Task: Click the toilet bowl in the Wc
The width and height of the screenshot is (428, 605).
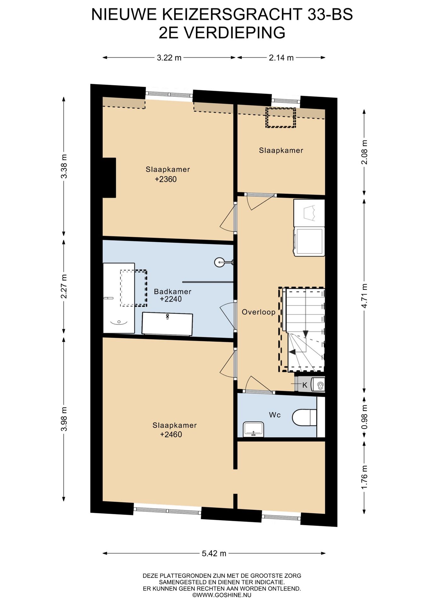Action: [303, 418]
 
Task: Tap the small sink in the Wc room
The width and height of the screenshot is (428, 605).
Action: [253, 429]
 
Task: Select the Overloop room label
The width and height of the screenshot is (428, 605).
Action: [258, 312]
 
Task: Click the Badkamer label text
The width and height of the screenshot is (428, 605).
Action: [172, 291]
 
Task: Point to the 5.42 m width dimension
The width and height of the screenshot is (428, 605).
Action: [214, 553]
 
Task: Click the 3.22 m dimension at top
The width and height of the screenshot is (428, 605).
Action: [169, 58]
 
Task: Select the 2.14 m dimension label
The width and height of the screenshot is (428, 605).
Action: [281, 58]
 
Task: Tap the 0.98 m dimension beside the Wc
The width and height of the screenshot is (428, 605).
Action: [364, 417]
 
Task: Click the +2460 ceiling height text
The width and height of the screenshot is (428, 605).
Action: [171, 435]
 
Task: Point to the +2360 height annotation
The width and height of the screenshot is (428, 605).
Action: [165, 179]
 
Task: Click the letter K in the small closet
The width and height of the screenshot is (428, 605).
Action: [304, 385]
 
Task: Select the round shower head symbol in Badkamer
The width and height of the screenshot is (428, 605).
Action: [219, 262]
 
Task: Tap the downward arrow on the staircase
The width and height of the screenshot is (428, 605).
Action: [305, 333]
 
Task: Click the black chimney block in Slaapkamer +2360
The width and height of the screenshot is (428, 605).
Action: [109, 178]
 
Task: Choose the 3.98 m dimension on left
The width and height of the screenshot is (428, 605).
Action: [64, 419]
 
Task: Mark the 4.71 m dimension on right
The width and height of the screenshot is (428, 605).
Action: [364, 295]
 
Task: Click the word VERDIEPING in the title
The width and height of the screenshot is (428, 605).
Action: [234, 33]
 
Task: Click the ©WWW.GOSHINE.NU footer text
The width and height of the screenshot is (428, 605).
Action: [222, 595]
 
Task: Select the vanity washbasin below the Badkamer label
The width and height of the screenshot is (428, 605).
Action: [167, 324]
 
